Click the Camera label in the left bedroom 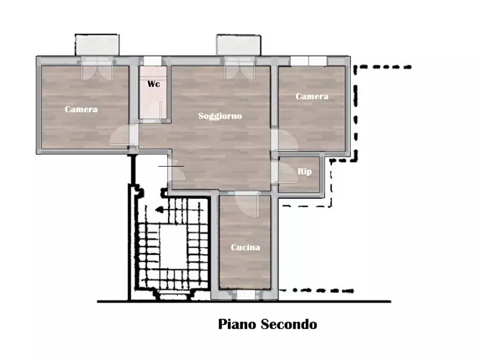pyautogui.click(x=81, y=109)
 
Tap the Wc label pyautogui.click(x=153, y=84)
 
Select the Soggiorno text pyautogui.click(x=220, y=116)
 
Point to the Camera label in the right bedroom pyautogui.click(x=312, y=97)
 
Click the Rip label pyautogui.click(x=304, y=171)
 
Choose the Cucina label pyautogui.click(x=245, y=247)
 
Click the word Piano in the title pyautogui.click(x=237, y=325)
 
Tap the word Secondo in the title pyautogui.click(x=289, y=325)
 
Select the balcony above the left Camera pyautogui.click(x=97, y=45)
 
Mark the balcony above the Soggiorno pyautogui.click(x=239, y=45)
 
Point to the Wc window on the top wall pyautogui.click(x=153, y=61)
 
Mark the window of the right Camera pyautogui.click(x=308, y=61)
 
